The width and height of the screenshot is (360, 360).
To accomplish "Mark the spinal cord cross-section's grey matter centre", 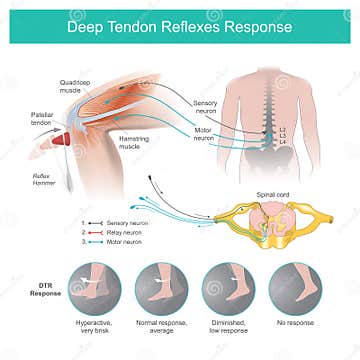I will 267,220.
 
